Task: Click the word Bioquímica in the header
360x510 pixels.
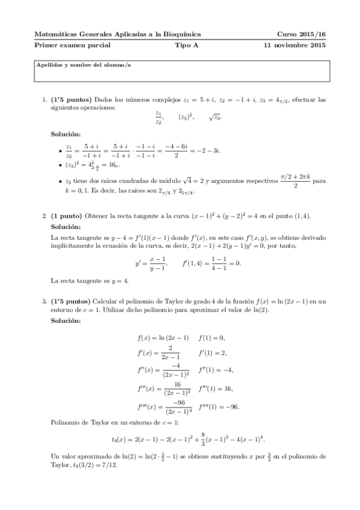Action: tap(182, 35)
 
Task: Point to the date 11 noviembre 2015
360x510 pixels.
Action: tap(295, 45)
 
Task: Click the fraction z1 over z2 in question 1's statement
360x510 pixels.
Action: tap(159, 117)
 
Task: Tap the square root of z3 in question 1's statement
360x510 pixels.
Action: tap(215, 117)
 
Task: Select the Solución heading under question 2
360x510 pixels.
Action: tap(66, 227)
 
